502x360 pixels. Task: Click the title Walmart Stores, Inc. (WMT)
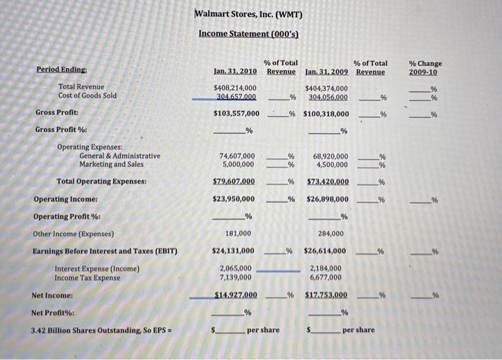point(249,15)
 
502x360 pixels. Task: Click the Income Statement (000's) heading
point(248,34)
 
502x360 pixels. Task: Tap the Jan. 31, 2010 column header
point(236,72)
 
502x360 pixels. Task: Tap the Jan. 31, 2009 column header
point(326,72)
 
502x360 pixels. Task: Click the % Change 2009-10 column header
point(425,67)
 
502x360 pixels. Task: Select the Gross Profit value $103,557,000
point(236,113)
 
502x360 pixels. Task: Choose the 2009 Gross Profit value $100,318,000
point(326,113)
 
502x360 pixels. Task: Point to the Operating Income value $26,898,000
point(326,199)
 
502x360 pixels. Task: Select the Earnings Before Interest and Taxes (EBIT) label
point(105,250)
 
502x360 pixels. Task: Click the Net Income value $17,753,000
point(326,295)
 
